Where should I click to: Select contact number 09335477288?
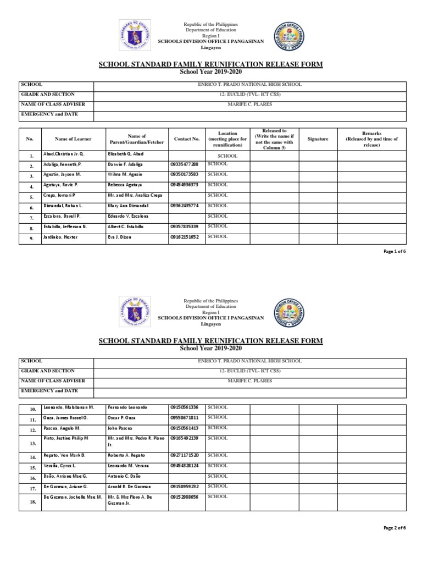184,164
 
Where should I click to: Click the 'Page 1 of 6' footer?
394,251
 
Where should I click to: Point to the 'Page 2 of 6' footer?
394,528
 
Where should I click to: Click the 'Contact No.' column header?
186,139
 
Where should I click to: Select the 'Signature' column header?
318,139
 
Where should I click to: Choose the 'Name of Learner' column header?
73,139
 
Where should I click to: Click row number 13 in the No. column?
32,443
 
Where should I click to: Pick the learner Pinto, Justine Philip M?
65,438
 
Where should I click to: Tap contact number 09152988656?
184,496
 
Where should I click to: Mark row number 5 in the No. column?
32,197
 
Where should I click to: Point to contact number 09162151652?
184,236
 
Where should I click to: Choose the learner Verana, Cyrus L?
60,466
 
